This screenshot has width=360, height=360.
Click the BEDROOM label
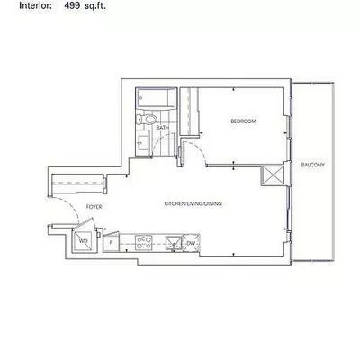pos(243,121)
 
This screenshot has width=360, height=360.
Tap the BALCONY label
pos(312,165)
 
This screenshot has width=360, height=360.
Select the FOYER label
pos(94,207)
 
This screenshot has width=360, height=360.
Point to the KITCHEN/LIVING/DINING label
pos(192,203)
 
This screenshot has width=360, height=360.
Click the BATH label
pos(163,129)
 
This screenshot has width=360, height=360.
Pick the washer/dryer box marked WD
pos(84,241)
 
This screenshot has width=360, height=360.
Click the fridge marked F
pos(112,241)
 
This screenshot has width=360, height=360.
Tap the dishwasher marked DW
pos(190,241)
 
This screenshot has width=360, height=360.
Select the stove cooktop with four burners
pos(144,240)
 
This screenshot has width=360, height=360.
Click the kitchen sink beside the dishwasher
pos(172,241)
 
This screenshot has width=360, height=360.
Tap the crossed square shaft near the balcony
pos(273,175)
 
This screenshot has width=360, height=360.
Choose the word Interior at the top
pos(21,5)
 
